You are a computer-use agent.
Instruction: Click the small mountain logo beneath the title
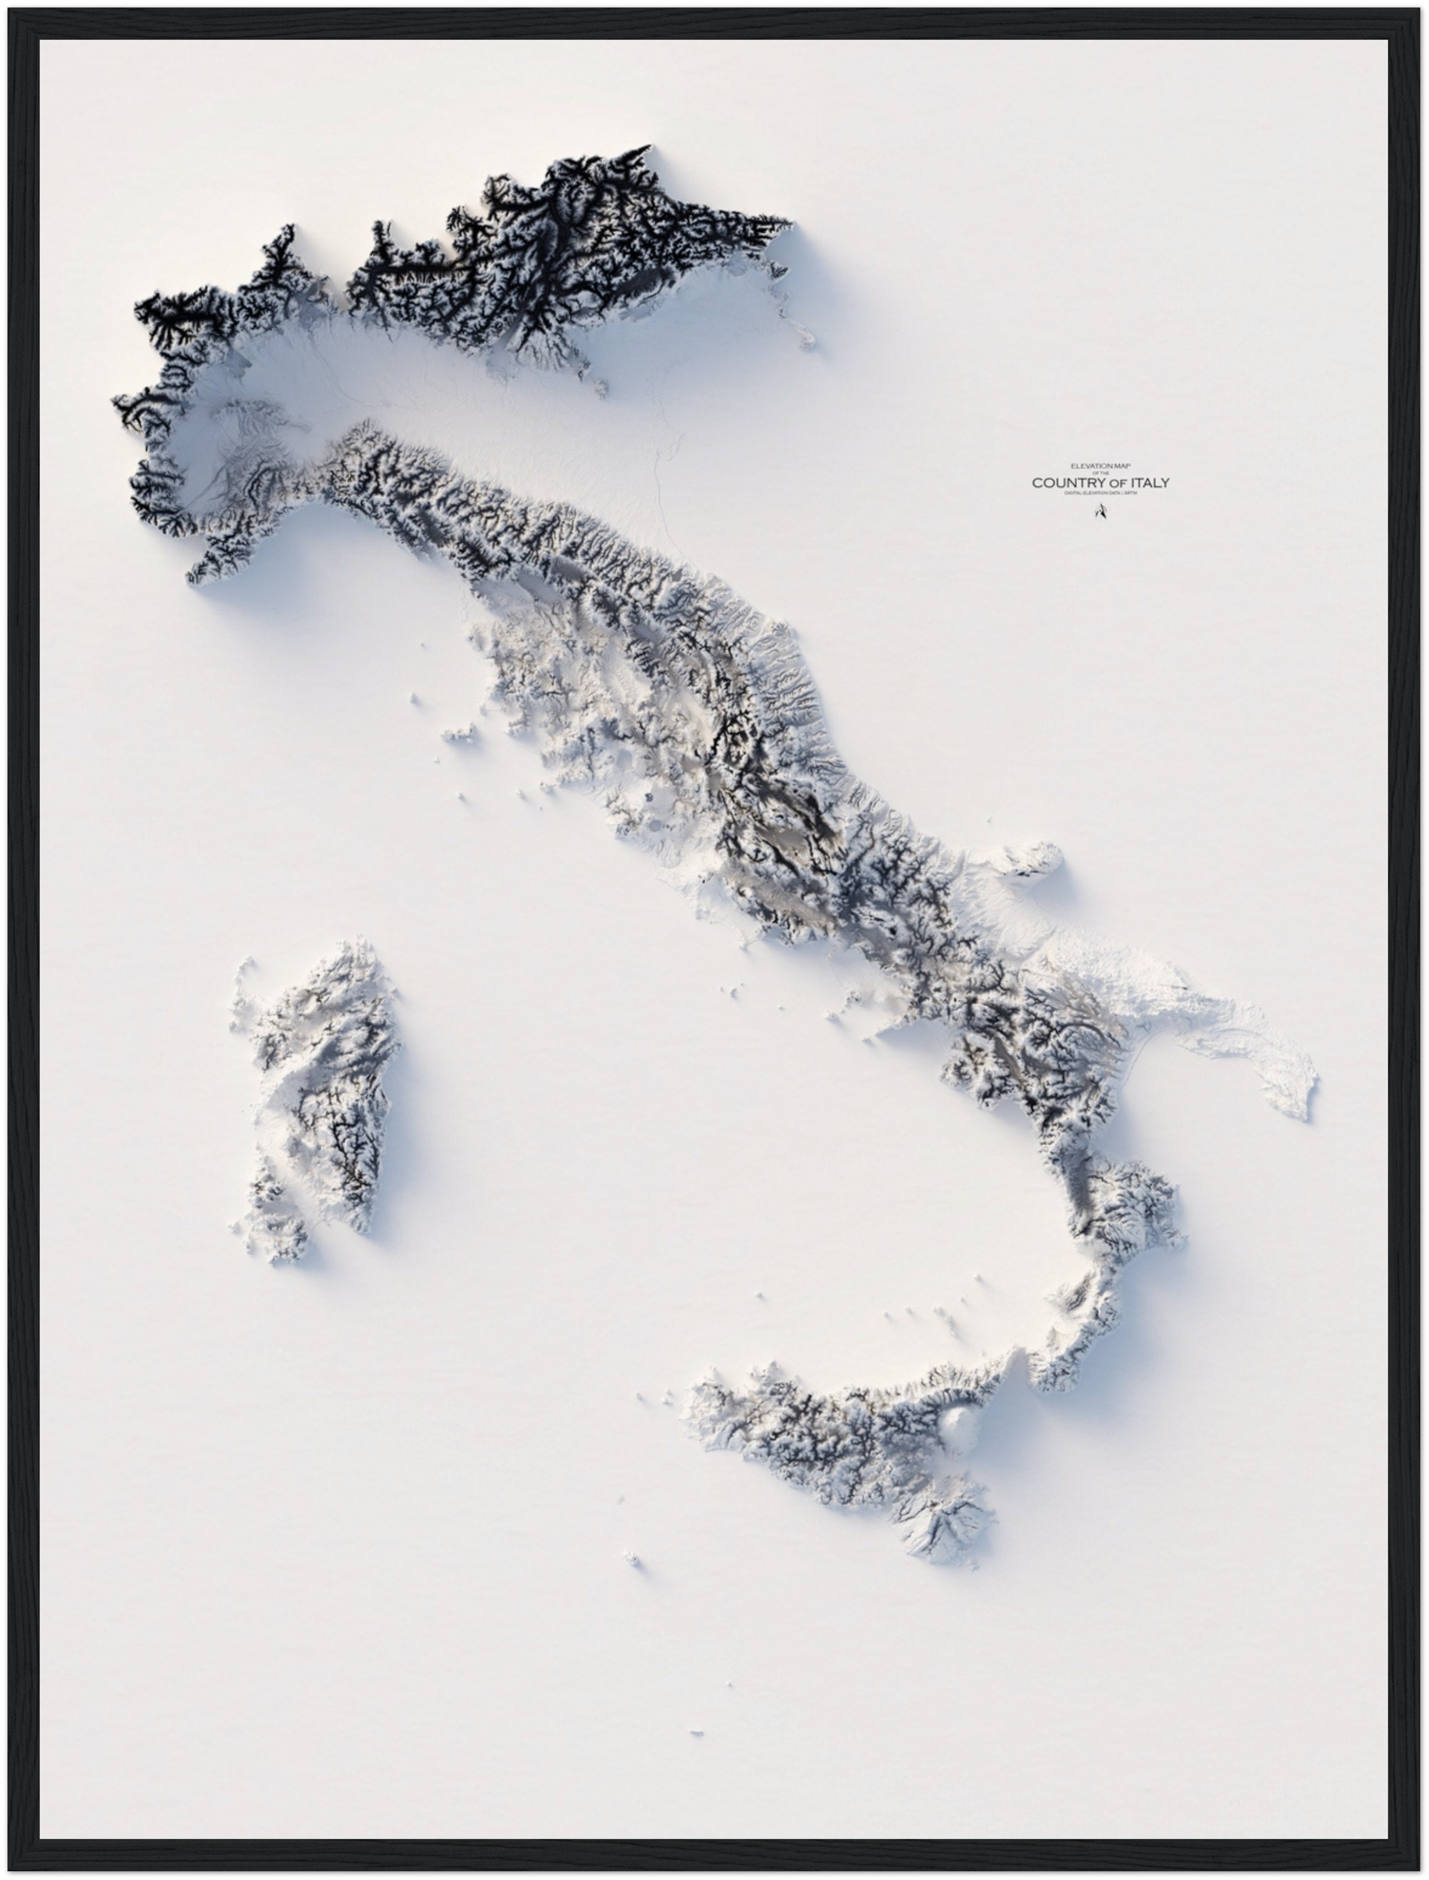1099,512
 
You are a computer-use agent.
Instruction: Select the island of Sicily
842,1446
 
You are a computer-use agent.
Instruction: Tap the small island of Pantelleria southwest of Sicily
632,1559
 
